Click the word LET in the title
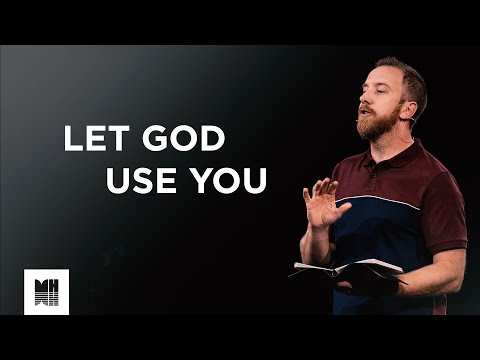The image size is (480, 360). pyautogui.click(x=89, y=139)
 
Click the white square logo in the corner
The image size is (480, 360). pyautogui.click(x=46, y=292)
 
